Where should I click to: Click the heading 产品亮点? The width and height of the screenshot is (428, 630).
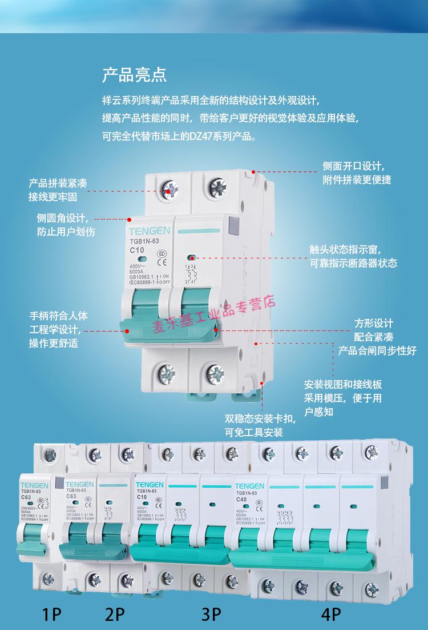tap(134, 75)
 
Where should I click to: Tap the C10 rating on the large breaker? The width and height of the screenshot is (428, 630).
tap(136, 250)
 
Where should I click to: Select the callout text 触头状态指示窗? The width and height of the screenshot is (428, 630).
tap(345, 250)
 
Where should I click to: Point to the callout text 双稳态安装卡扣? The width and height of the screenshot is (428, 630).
tap(260, 419)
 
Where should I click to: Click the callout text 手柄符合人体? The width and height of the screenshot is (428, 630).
tap(58, 316)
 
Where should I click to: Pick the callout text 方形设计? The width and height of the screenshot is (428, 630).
tap(374, 323)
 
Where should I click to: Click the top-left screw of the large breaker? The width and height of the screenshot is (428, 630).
tap(170, 189)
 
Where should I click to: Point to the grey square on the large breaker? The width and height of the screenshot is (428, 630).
tap(233, 226)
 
